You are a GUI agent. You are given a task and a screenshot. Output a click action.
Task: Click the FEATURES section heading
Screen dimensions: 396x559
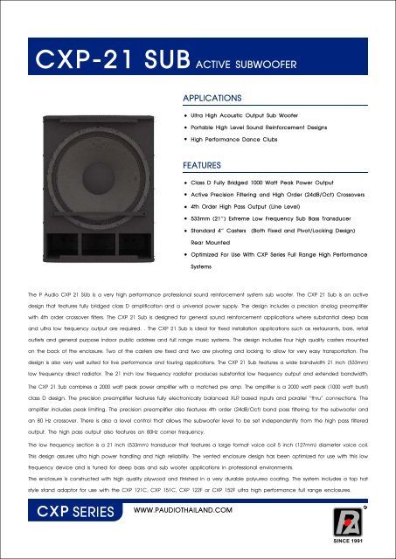point(203,164)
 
